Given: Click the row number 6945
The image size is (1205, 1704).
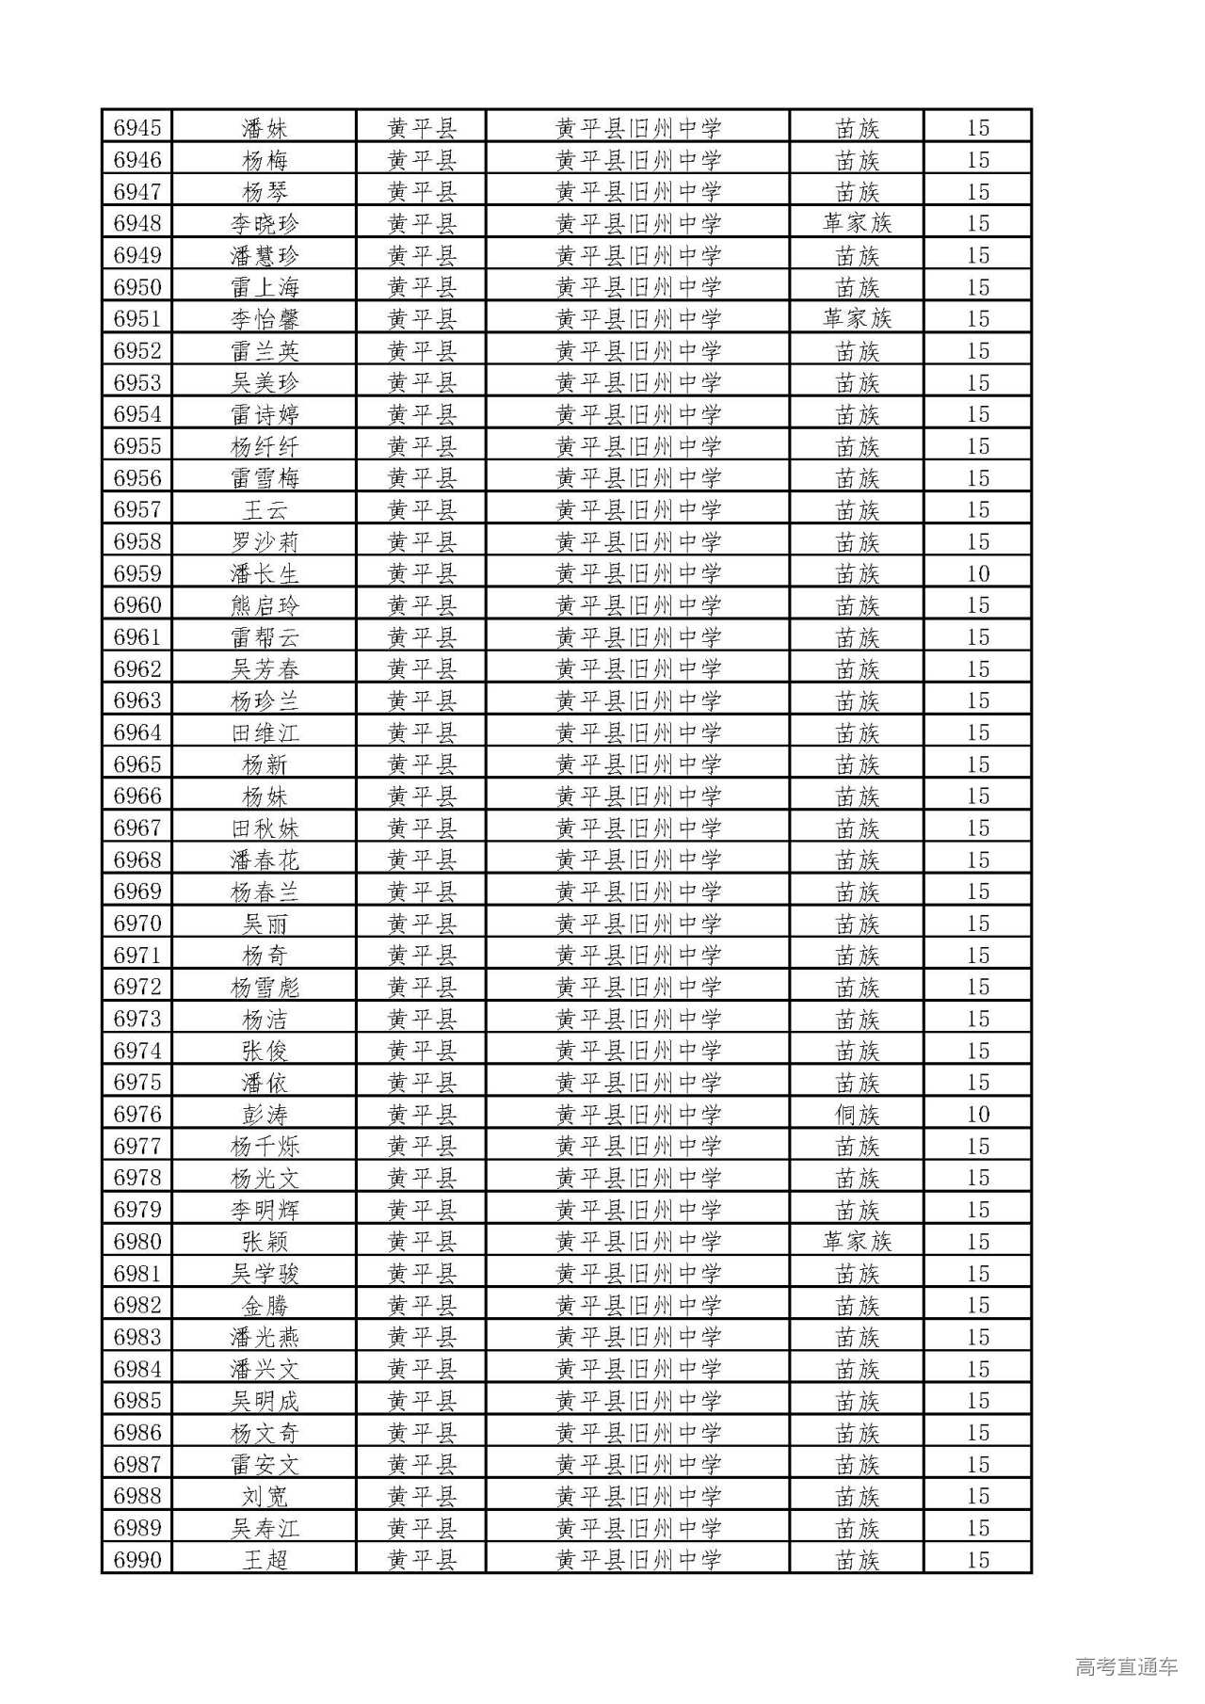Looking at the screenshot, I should pos(137,128).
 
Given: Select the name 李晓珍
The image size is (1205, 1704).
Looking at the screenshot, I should pos(265,224).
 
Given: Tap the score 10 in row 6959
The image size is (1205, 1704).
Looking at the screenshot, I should pos(978,573).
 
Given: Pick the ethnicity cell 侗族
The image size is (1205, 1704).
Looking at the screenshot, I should pos(857,1115).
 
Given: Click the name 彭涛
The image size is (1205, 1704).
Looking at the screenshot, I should pos(265,1115).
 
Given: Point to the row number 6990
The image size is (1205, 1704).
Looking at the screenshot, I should pos(137,1560).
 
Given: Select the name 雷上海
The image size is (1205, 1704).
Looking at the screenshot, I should pos(265,287).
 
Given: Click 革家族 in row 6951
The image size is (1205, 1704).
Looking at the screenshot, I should pos(857,319).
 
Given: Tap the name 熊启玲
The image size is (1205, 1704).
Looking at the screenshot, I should pos(265,605).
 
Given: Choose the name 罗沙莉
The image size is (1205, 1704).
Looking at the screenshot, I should pos(265,542).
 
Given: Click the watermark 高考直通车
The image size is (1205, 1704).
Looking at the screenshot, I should pos(1126,1666).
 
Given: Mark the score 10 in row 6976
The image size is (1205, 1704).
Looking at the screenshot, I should pos(978,1115).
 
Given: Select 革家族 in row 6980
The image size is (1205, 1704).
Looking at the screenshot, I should pos(857,1242).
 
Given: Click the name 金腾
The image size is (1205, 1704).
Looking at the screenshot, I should pos(265,1306).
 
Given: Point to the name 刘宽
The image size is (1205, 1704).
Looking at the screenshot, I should pos(265,1497).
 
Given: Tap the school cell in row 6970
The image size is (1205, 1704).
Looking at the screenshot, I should pos(637,924).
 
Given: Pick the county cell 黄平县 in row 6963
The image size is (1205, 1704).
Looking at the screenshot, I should pos(422,701).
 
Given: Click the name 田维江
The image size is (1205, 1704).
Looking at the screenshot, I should pos(265,732).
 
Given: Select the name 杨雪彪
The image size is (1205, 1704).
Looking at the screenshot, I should pos(265,988).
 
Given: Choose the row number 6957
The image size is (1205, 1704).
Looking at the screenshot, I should pos(137,510).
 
